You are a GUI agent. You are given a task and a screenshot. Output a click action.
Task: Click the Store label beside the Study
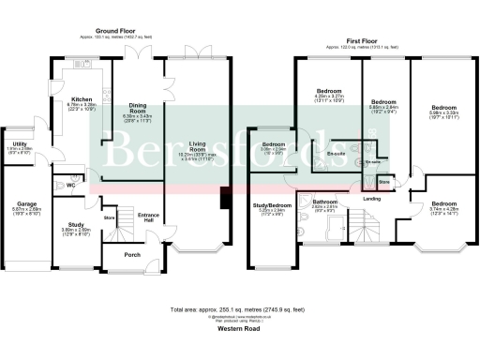[108, 218]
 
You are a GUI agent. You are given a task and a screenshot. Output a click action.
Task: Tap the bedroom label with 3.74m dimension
[438, 203]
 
